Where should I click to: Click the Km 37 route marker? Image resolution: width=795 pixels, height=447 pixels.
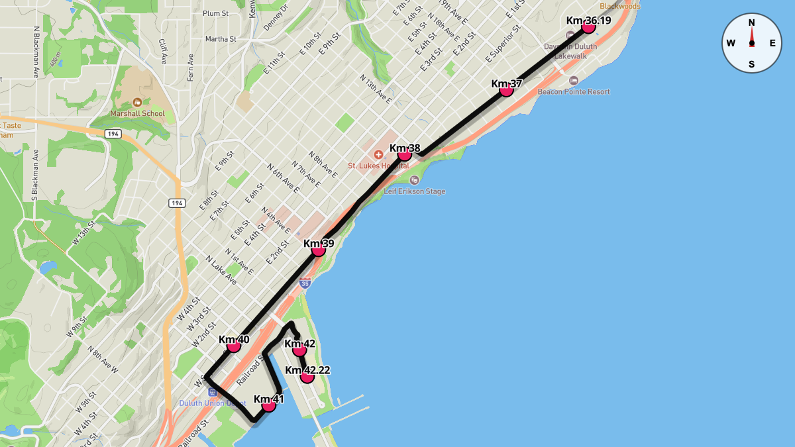pos(506,90)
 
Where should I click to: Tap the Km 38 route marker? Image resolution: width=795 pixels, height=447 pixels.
pos(405,155)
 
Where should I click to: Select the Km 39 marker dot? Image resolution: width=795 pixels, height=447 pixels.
pos(318,250)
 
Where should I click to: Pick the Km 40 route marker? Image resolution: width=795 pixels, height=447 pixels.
pos(233,346)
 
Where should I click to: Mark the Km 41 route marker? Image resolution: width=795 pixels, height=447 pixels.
pos(268,405)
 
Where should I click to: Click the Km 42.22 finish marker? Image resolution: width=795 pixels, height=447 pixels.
pos(307,377)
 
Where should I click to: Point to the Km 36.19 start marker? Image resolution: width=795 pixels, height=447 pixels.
pos(588,26)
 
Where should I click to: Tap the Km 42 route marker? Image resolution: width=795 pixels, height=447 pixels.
pos(299,350)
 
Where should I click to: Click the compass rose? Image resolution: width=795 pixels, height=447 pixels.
pos(751,43)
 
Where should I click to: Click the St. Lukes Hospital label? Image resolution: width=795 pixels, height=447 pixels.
pos(379,166)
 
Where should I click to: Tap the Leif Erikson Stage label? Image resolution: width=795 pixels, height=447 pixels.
pos(415,191)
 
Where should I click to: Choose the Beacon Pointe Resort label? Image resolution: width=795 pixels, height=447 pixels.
pos(574,91)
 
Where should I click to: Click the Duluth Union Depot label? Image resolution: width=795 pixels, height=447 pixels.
pos(213,403)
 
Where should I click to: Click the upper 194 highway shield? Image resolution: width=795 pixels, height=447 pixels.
pos(113,134)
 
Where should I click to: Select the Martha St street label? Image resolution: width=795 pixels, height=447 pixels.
pos(221,39)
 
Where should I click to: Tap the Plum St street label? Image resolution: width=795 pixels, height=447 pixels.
pos(215,13)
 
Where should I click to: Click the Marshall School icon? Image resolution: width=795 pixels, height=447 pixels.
pos(137,102)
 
